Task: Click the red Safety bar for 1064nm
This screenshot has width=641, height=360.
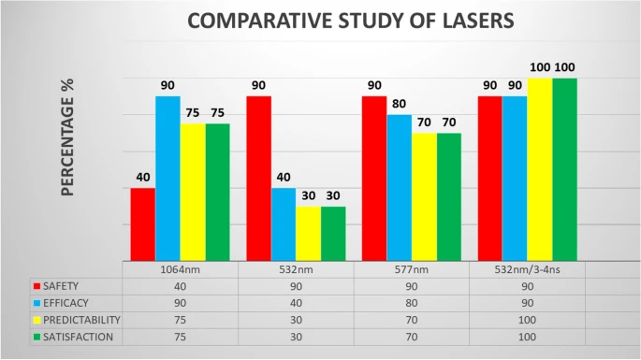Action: pyautogui.click(x=142, y=224)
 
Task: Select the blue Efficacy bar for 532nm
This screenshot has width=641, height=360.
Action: pyautogui.click(x=284, y=224)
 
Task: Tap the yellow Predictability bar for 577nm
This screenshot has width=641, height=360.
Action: pyautogui.click(x=424, y=197)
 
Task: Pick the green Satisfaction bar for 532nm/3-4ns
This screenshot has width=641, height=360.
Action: pyautogui.click(x=564, y=169)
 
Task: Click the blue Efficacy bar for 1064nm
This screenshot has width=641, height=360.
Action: pyautogui.click(x=168, y=179)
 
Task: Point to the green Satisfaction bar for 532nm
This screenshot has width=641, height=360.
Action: pyautogui.click(x=333, y=234)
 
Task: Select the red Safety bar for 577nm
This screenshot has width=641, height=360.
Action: pyautogui.click(x=374, y=179)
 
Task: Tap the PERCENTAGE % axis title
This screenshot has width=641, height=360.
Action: pyautogui.click(x=68, y=137)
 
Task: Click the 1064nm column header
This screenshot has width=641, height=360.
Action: pyautogui.click(x=180, y=269)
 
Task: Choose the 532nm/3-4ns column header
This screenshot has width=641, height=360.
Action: pyautogui.click(x=528, y=269)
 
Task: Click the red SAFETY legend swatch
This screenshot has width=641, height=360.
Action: pyautogui.click(x=37, y=286)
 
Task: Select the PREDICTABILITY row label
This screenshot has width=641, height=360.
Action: pyautogui.click(x=81, y=320)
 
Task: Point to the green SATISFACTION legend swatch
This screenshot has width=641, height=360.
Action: pyautogui.click(x=37, y=338)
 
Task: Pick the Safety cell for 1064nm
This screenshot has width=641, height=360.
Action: pyautogui.click(x=180, y=286)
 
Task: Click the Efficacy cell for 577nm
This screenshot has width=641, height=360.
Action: pyautogui.click(x=412, y=303)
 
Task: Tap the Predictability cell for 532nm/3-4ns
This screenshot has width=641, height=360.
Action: pyautogui.click(x=528, y=320)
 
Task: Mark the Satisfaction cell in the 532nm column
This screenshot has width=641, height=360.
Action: pyautogui.click(x=296, y=338)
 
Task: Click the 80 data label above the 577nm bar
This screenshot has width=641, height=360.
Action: pyautogui.click(x=399, y=104)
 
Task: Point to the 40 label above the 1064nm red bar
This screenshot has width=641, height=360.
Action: pyautogui.click(x=143, y=178)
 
